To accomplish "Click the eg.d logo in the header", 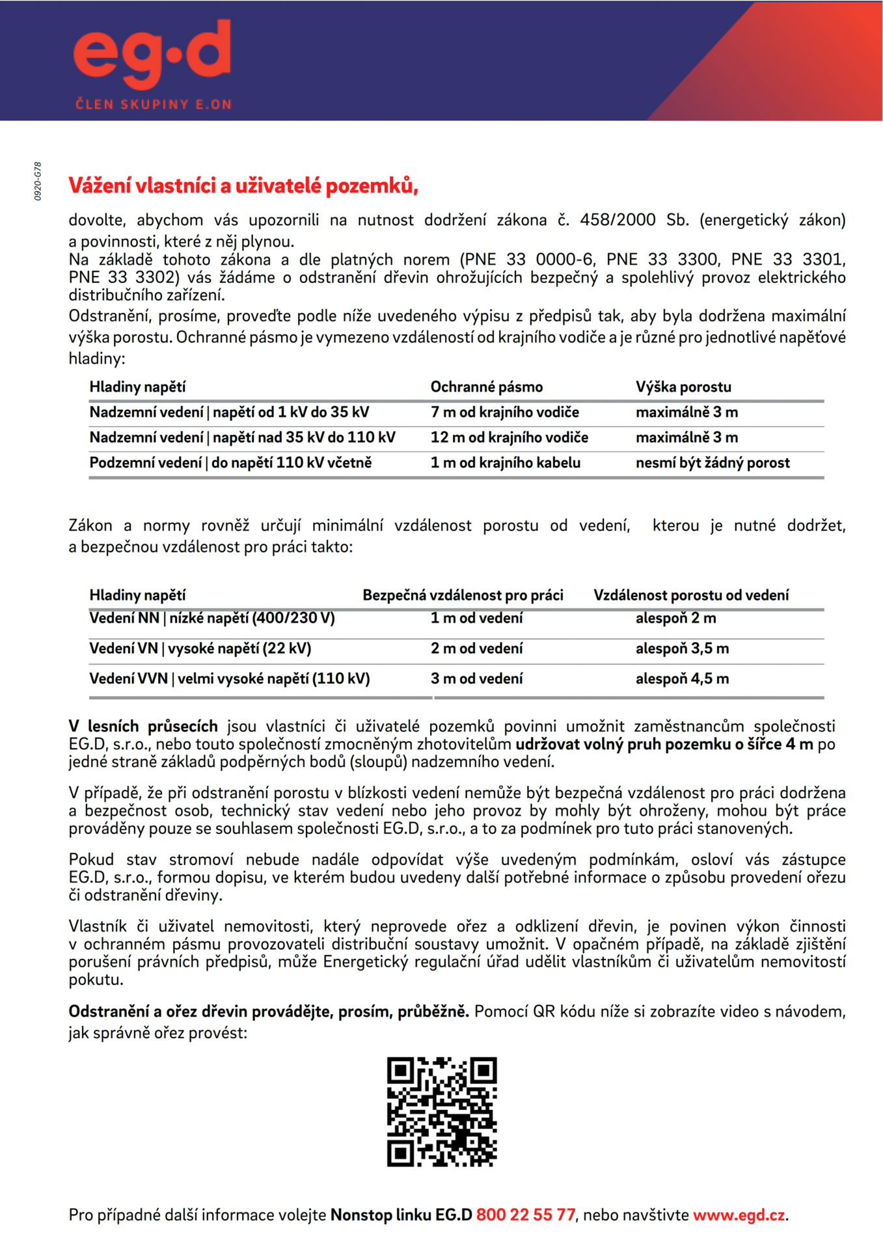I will tap(152, 55).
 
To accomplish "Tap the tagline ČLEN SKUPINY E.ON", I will tap(154, 104).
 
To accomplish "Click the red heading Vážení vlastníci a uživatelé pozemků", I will tap(243, 186).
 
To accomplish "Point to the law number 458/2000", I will tap(618, 220).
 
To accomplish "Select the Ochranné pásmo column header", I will tap(486, 387).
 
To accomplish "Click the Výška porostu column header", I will tap(683, 387).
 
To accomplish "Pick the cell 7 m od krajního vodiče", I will tap(504, 412).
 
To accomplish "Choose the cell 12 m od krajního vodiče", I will tap(509, 438).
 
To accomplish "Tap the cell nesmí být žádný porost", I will tap(713, 463).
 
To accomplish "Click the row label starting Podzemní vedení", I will tap(230, 463).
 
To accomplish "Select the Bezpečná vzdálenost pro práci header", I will tap(463, 595).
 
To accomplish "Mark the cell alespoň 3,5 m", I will tap(682, 649).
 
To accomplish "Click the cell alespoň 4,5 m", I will tap(682, 679).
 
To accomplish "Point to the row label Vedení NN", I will tap(211, 618).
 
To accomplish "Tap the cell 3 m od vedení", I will tap(476, 679).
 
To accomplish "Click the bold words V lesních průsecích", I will tap(143, 727).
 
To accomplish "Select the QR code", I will tap(442, 1112).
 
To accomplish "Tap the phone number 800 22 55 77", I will tap(526, 1215).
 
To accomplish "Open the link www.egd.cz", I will tap(739, 1215).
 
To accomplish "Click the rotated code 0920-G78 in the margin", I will tap(38, 181).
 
